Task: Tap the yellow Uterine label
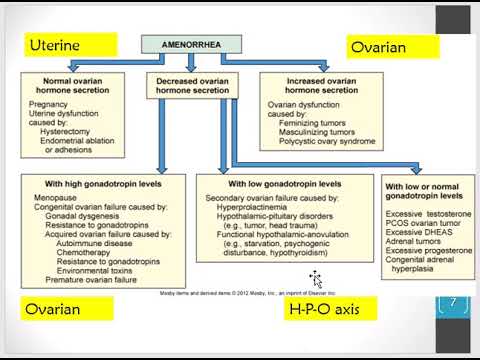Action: pos(59,45)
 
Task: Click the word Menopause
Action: pos(51,198)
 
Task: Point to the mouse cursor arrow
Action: pos(315,277)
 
